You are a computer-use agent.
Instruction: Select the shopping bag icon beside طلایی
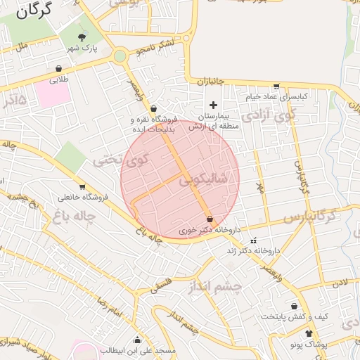tap(58, 69)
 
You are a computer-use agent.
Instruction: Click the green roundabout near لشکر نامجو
tap(120, 56)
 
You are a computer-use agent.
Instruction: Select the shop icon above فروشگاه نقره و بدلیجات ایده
tap(153, 108)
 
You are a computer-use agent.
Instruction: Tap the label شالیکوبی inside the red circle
tap(203, 180)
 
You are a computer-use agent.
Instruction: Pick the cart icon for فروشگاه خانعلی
tap(82, 187)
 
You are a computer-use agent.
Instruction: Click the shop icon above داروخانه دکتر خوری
tap(210, 219)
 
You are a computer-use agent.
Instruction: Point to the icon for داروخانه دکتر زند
tap(253, 240)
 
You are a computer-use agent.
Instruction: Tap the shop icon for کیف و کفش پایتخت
tap(303, 307)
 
